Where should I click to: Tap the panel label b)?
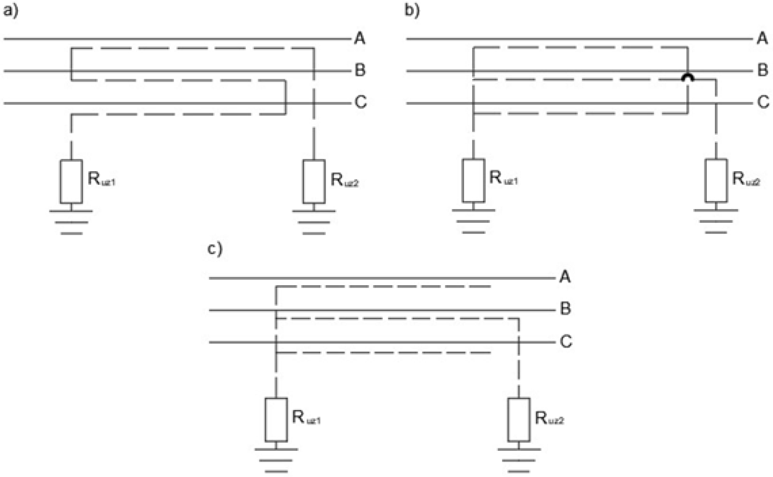(412, 11)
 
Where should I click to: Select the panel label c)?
(215, 249)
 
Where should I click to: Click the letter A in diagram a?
(360, 38)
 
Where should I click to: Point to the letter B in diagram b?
(763, 70)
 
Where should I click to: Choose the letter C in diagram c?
(566, 341)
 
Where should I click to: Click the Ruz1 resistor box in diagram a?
(71, 182)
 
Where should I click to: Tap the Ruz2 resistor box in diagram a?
(314, 182)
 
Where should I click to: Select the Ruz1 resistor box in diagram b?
(473, 180)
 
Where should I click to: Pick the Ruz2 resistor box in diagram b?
(716, 180)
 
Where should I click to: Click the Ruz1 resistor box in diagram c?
(276, 420)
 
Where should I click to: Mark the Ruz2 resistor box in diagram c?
(519, 420)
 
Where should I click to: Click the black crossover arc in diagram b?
(688, 77)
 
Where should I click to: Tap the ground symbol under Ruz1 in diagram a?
(71, 223)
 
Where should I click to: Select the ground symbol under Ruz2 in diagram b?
(716, 221)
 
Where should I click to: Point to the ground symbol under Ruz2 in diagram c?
(519, 461)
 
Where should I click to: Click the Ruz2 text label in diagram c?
(549, 419)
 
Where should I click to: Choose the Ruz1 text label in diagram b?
(503, 178)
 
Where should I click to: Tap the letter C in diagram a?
(361, 102)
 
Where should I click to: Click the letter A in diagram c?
(565, 277)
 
